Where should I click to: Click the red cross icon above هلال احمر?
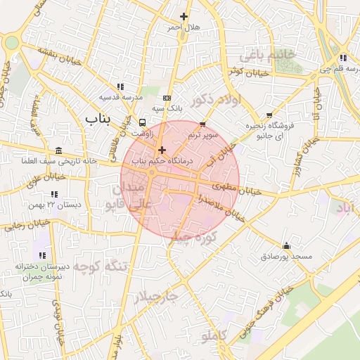click(x=184, y=16)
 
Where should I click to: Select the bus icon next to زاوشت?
click(x=143, y=122)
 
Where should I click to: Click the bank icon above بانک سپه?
click(x=167, y=98)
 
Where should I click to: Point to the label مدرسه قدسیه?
click(x=120, y=97)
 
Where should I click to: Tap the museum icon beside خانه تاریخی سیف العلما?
click(x=57, y=150)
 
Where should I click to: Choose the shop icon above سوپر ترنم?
click(x=203, y=124)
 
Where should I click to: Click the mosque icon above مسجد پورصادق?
click(x=286, y=246)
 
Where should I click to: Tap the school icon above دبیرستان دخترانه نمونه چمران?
click(x=42, y=255)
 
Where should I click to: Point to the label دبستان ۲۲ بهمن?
click(x=55, y=205)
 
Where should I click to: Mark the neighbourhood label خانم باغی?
click(x=266, y=54)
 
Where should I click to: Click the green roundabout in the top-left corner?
click(x=11, y=42)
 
